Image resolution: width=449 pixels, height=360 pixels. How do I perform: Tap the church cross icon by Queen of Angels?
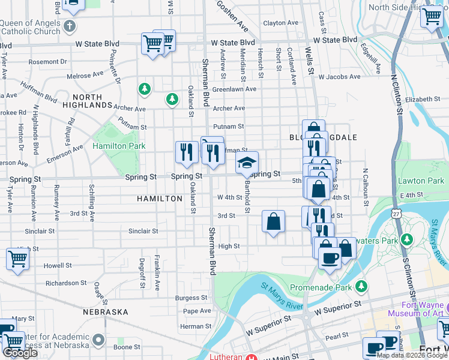click(x=70, y=26)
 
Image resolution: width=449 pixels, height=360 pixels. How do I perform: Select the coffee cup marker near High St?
click(x=328, y=258)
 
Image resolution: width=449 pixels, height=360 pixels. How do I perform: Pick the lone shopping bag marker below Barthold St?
click(x=273, y=222)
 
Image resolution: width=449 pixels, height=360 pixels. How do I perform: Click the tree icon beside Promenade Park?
click(x=361, y=284)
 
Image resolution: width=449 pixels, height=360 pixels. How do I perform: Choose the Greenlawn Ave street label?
click(x=234, y=89)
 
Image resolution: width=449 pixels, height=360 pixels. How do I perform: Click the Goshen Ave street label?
click(x=233, y=25)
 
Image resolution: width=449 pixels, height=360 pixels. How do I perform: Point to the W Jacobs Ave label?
click(x=340, y=77)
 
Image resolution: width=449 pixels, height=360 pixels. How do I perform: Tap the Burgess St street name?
click(x=191, y=298)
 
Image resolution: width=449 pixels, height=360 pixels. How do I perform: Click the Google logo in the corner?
click(x=20, y=353)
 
